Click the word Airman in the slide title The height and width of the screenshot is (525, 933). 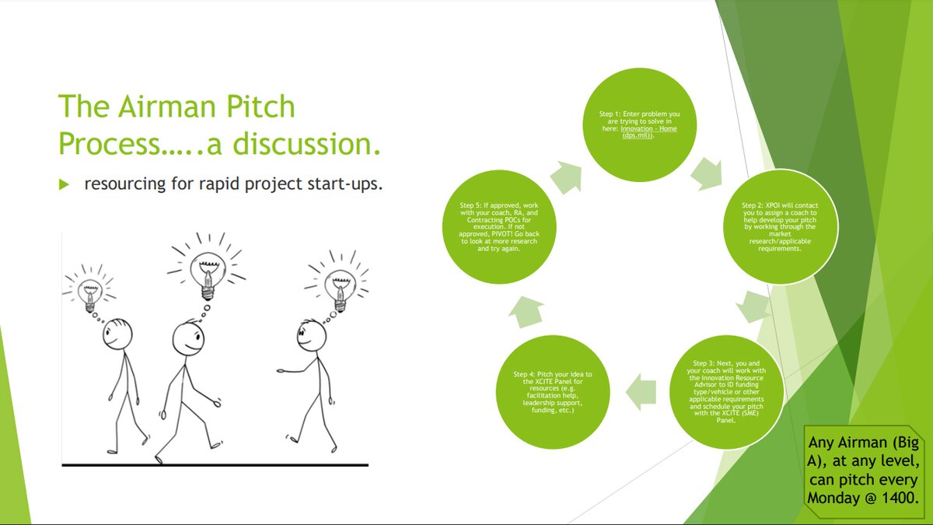tap(170, 107)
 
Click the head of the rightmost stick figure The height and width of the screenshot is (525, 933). tap(312, 336)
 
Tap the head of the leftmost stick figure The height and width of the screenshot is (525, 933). tap(118, 335)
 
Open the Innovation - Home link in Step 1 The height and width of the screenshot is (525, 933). tap(648, 128)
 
